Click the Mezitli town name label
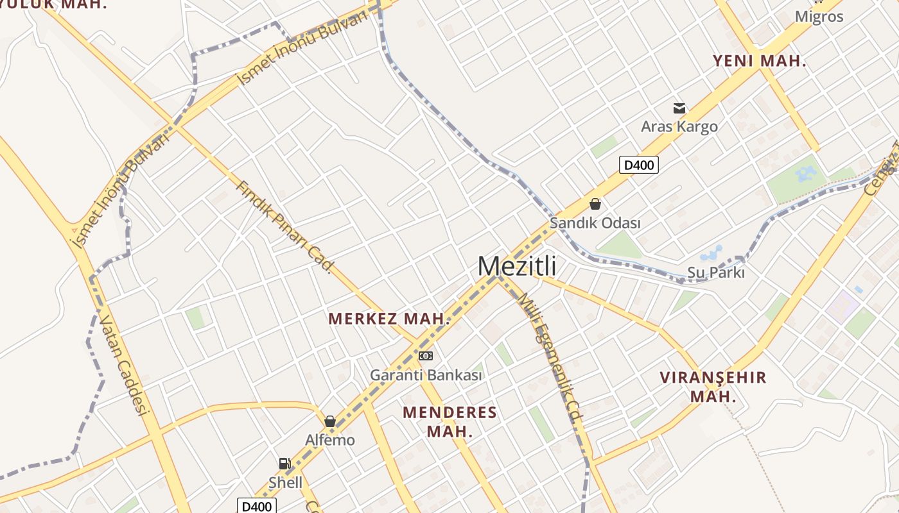(x=517, y=266)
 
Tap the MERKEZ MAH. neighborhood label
(x=389, y=319)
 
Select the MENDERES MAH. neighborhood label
(x=449, y=421)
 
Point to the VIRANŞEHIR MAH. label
(x=713, y=387)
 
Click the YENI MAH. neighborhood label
(x=760, y=62)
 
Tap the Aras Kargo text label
(x=679, y=126)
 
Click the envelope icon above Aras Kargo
(x=679, y=108)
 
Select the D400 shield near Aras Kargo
(x=639, y=165)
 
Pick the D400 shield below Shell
(x=257, y=506)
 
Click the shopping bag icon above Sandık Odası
(x=595, y=204)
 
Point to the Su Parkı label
(x=716, y=273)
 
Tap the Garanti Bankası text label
(x=426, y=375)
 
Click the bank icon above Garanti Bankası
(x=426, y=356)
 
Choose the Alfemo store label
(x=330, y=440)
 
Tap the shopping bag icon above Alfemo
(x=330, y=421)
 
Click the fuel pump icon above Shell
(x=284, y=463)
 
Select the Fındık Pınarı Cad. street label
(x=286, y=226)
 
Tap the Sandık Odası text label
(x=595, y=223)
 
